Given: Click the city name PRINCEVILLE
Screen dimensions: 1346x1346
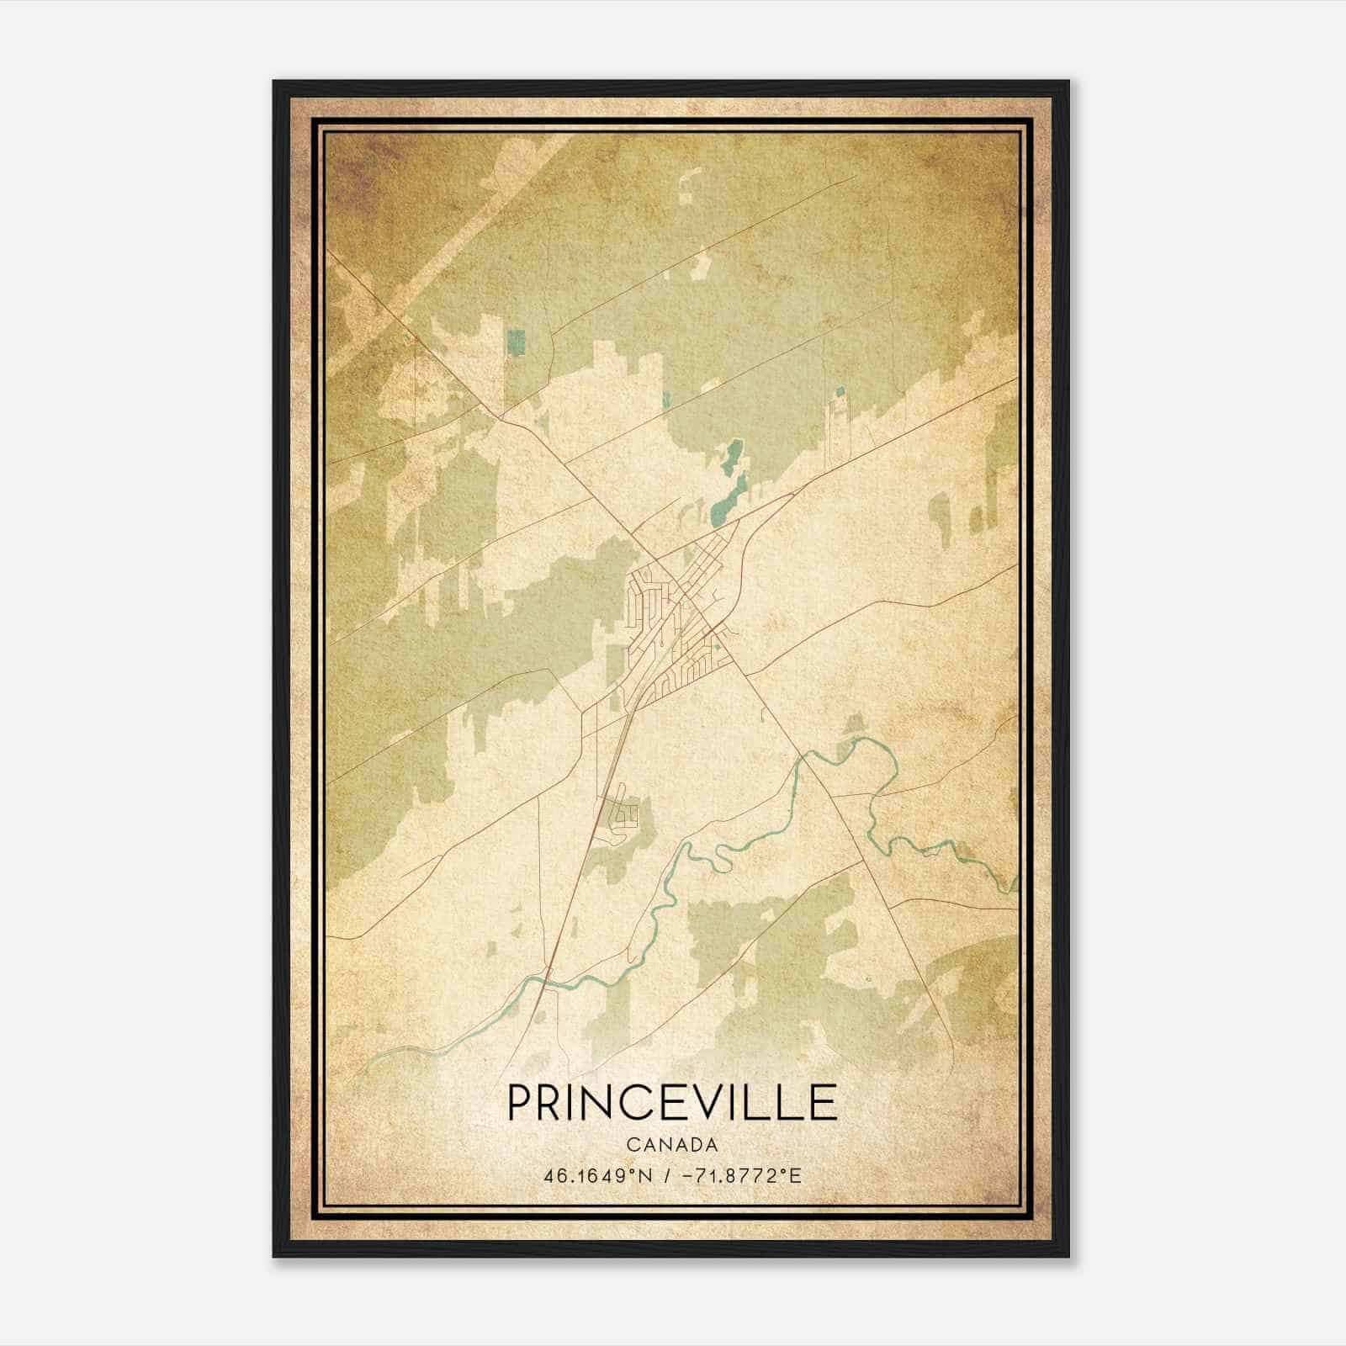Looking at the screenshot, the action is (x=672, y=1103).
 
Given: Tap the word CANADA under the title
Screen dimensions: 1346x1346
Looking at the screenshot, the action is (x=672, y=1145).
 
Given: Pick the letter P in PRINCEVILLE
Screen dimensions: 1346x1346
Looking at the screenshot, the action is (x=520, y=1103).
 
